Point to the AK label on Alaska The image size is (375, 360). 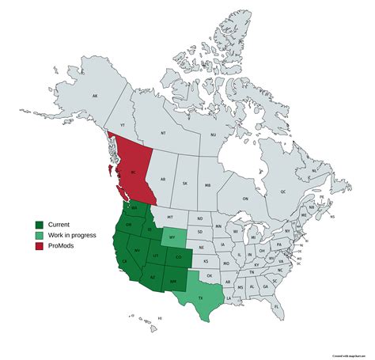click(x=95, y=97)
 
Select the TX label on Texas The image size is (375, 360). click(x=199, y=297)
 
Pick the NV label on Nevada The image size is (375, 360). click(x=137, y=250)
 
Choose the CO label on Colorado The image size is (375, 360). click(x=179, y=256)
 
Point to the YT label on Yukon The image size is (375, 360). click(x=122, y=126)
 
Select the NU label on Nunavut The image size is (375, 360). click(x=212, y=135)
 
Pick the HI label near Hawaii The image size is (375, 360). click(x=159, y=318)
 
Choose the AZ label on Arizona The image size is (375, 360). click(x=153, y=278)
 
